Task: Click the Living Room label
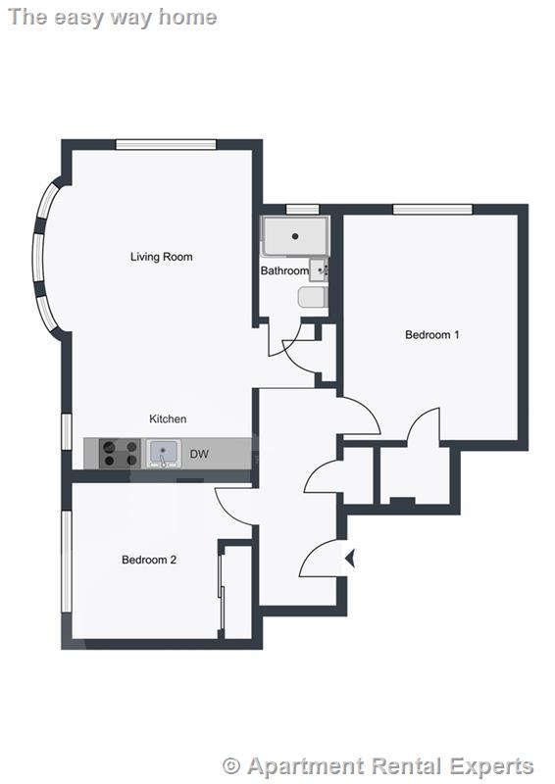[162, 257]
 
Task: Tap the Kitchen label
[168, 418]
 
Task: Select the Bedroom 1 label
[432, 334]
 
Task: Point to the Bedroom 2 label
[149, 560]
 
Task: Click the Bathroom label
[284, 270]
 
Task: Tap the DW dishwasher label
[199, 454]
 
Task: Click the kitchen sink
[164, 453]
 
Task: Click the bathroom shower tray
[293, 237]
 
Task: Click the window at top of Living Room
[166, 145]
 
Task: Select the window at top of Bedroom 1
[432, 209]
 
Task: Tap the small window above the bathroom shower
[303, 209]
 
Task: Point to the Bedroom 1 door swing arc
[424, 423]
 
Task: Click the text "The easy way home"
[111, 17]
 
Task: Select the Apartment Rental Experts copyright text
[378, 766]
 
